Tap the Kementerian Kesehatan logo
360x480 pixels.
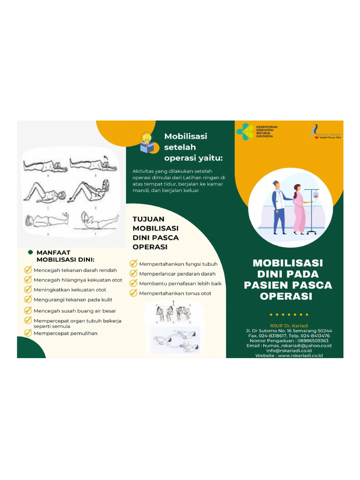coord(245,132)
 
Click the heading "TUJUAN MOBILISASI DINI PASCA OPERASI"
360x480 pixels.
coord(156,233)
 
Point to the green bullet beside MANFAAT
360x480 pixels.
coord(30,252)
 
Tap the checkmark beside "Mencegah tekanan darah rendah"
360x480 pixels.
coord(28,270)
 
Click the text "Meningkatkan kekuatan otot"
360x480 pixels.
coord(70,290)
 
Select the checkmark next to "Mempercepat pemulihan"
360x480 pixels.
coord(28,333)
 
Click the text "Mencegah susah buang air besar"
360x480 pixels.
coord(75,311)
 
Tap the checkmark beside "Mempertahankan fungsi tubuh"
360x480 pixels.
coord(134,264)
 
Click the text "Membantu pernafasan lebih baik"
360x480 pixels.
coord(180,284)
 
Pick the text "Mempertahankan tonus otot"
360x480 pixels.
coord(175,293)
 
